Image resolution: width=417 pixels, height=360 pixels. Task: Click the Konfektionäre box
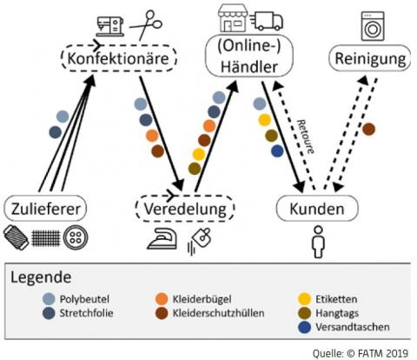119,58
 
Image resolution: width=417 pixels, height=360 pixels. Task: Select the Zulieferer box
45,209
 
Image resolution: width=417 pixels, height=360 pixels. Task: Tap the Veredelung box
185,209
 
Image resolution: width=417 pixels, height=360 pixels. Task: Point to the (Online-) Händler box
249,56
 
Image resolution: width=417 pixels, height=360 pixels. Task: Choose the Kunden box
317,209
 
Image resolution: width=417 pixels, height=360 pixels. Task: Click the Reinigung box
370,58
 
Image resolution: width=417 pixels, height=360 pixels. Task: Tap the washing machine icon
373,26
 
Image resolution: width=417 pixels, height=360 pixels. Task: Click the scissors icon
146,25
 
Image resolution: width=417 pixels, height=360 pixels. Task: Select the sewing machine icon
110,26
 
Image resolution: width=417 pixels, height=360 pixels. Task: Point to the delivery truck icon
267,21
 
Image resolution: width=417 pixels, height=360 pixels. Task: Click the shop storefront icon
233,17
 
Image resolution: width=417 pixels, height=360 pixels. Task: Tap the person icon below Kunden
318,242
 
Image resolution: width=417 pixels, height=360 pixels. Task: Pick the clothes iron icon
162,238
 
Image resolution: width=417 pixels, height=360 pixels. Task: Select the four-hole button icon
76,237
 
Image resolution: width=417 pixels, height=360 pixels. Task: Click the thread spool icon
16,237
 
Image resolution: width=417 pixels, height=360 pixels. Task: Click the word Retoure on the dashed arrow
305,137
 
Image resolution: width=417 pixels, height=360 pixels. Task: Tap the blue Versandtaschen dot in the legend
304,327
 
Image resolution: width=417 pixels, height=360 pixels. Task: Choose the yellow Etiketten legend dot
304,299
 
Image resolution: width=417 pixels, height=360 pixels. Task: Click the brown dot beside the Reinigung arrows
368,130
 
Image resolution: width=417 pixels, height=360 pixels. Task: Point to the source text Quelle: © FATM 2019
361,353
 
